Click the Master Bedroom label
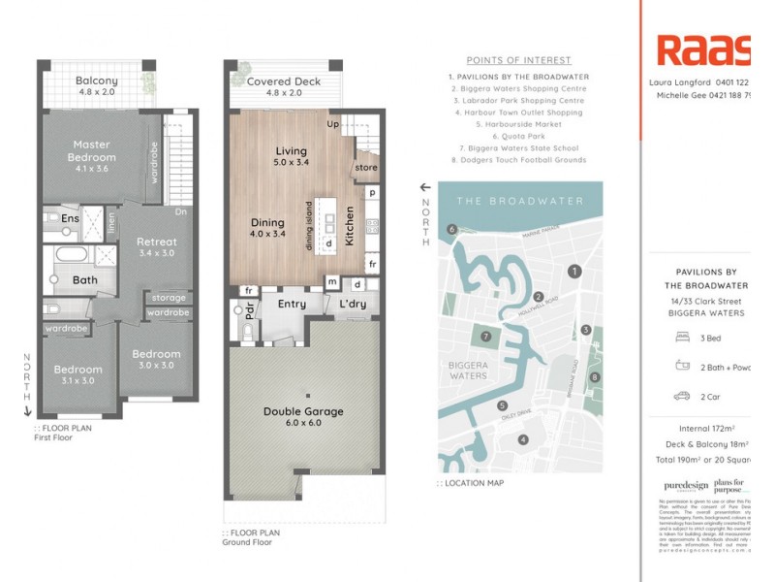(92, 150)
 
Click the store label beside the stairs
(366, 168)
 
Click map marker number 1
(574, 272)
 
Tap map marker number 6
(451, 229)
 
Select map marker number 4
(523, 439)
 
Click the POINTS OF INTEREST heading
(518, 60)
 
